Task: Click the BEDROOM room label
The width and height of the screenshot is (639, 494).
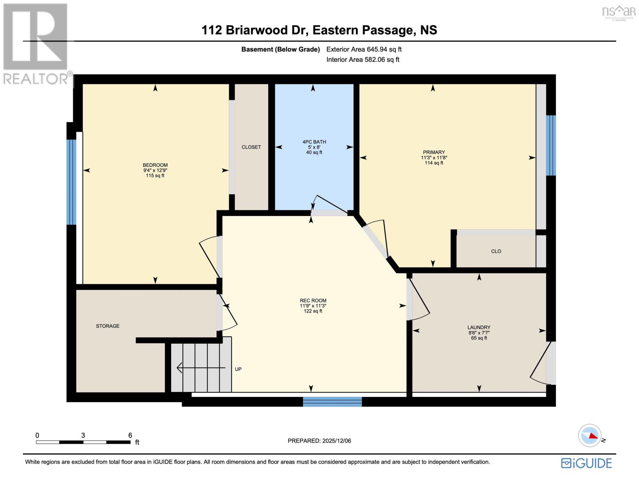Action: [155, 165]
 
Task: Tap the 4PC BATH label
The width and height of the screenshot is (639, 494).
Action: [314, 142]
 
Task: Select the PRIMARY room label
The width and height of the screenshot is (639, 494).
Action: [434, 152]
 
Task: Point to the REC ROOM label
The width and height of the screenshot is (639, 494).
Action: [313, 301]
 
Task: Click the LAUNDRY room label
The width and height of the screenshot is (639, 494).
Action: [479, 327]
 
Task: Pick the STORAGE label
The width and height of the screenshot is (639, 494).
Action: [108, 326]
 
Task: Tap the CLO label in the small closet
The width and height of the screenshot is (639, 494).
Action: [496, 251]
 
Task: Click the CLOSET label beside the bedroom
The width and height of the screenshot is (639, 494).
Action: [251, 147]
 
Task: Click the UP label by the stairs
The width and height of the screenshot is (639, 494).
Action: [238, 369]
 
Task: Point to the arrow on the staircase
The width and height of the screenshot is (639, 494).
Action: [201, 368]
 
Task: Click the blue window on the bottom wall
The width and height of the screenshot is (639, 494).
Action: [332, 402]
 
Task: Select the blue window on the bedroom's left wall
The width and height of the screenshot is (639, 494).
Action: [71, 182]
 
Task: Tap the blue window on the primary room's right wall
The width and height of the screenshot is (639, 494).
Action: [551, 145]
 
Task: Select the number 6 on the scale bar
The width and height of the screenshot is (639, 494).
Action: [130, 435]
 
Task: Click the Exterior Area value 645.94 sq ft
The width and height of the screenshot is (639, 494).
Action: [384, 49]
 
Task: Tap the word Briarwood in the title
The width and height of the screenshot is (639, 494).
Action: [256, 30]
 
